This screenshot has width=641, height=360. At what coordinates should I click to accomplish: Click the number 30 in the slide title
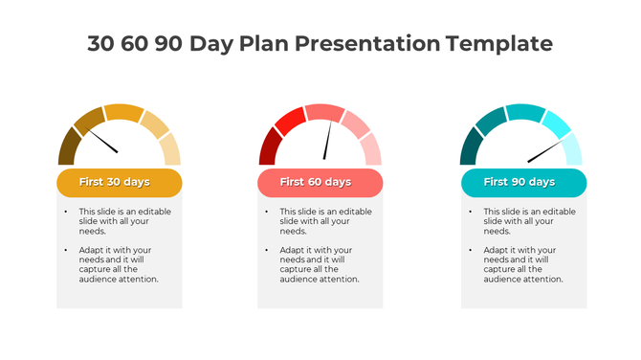click(103, 43)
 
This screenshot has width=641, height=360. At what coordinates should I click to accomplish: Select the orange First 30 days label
click(119, 182)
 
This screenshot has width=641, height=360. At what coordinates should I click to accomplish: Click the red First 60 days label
click(320, 182)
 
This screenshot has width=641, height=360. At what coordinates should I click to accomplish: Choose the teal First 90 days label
click(523, 182)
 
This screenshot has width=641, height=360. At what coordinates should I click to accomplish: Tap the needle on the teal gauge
click(546, 151)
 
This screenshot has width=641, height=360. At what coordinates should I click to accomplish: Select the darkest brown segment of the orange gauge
click(67, 148)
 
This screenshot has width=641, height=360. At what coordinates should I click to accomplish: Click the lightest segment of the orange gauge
click(170, 149)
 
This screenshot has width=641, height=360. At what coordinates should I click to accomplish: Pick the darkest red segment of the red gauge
click(269, 148)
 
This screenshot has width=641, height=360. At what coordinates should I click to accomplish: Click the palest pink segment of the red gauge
click(371, 149)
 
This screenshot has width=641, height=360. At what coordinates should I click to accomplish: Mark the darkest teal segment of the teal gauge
click(471, 148)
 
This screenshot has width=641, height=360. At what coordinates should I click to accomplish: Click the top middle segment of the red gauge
click(324, 112)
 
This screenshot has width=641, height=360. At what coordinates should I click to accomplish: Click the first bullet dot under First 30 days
click(66, 212)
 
